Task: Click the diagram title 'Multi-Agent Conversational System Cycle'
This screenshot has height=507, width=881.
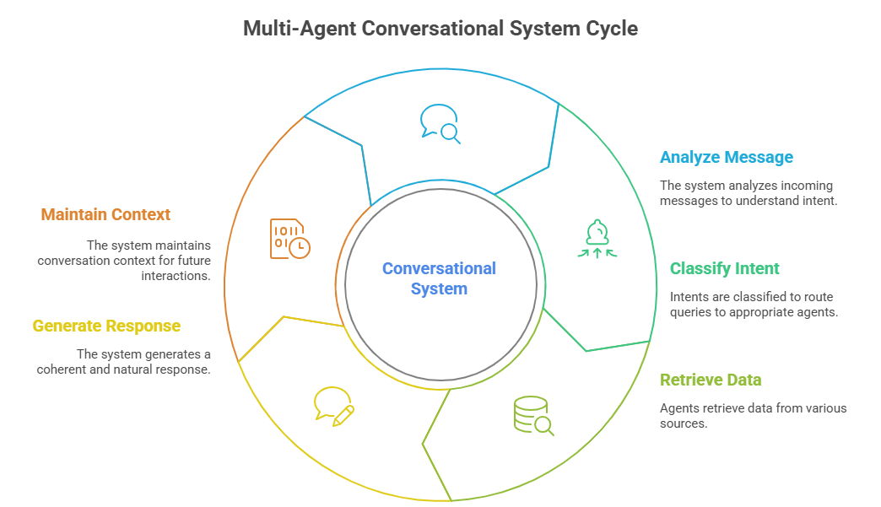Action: point(440,29)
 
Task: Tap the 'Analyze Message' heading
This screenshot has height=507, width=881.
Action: point(726,158)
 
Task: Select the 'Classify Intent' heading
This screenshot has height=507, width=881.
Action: point(724,269)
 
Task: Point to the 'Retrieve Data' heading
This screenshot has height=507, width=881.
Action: point(711,380)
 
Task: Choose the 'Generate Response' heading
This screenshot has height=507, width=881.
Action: point(106,326)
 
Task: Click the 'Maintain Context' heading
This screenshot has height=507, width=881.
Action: point(105,214)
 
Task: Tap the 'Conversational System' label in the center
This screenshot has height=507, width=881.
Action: point(439,278)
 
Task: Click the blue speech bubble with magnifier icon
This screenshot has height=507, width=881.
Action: point(439,123)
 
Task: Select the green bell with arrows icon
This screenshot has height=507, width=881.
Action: point(597,238)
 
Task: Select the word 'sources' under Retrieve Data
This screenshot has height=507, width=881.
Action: point(683,423)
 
